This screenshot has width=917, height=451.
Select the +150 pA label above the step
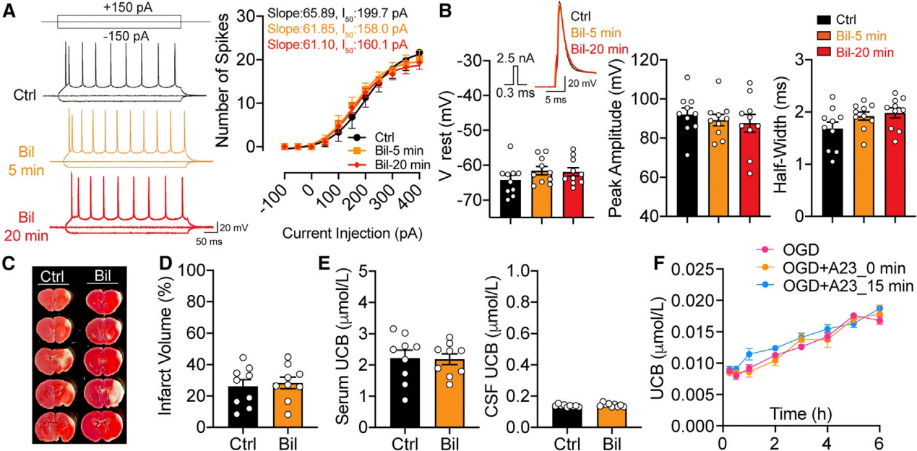(119, 7)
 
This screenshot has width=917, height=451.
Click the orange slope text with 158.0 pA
(338, 29)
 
